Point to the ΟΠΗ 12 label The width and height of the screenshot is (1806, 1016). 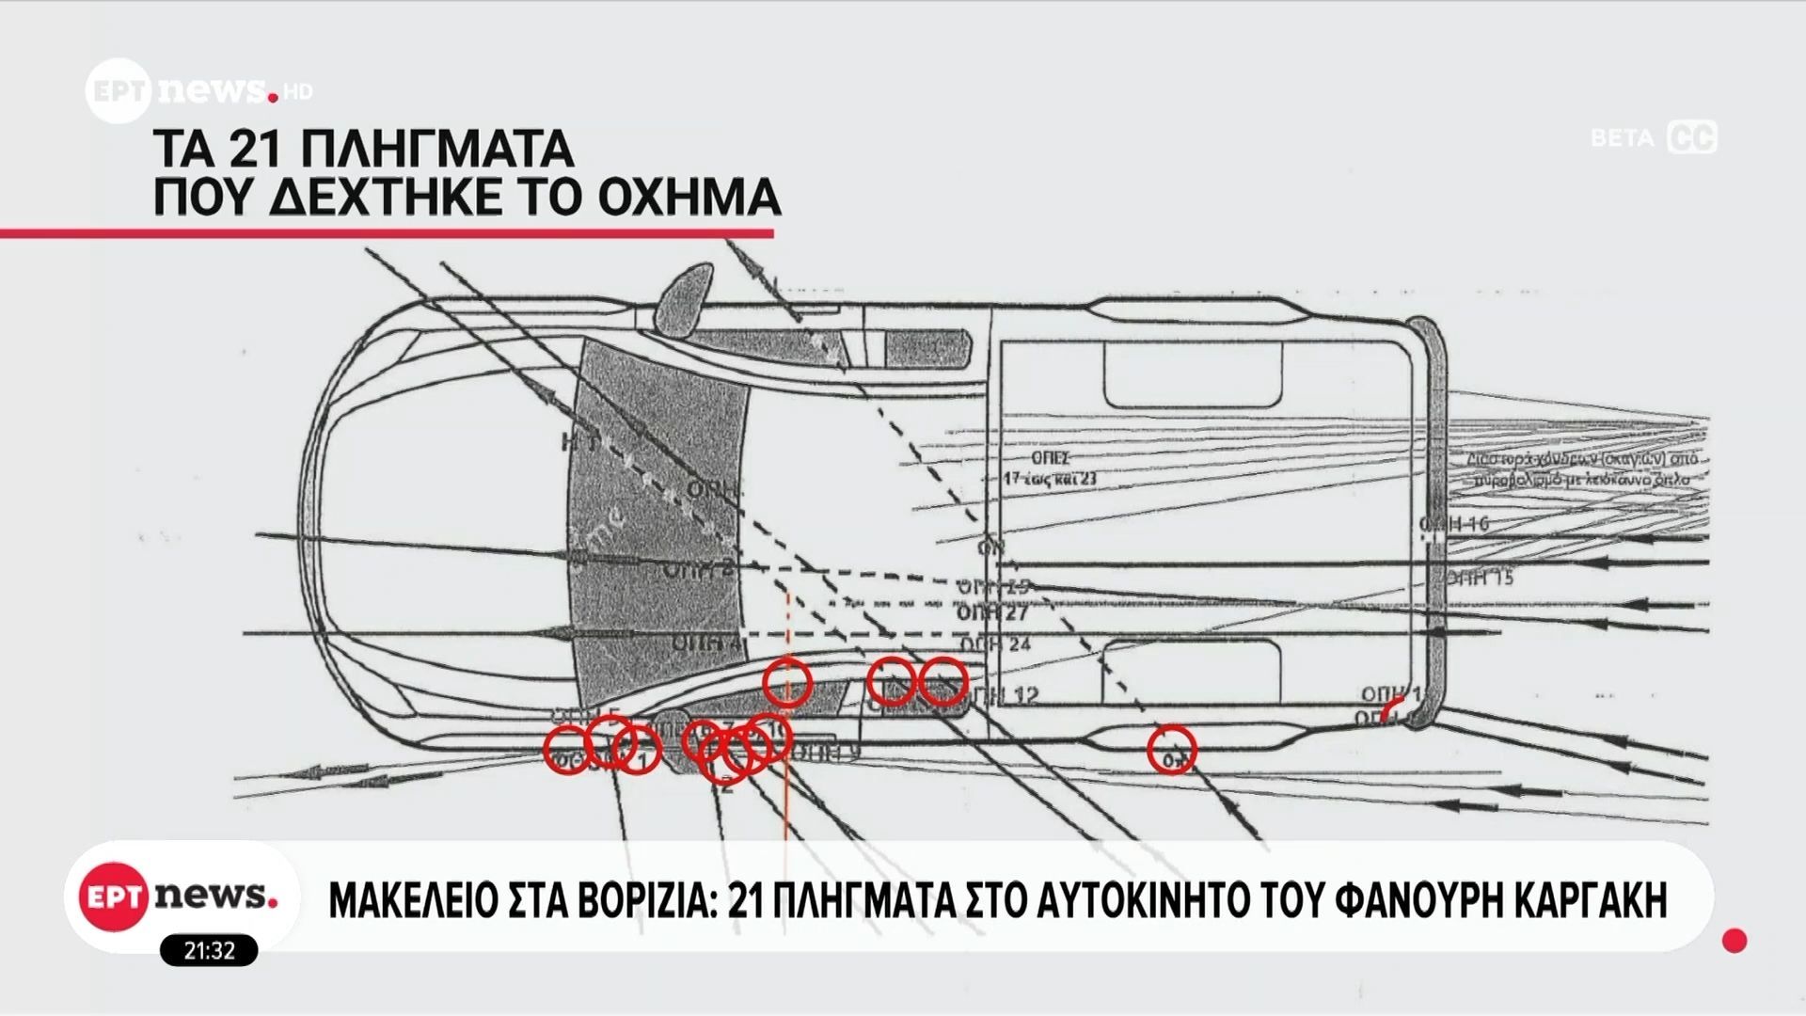[1003, 695]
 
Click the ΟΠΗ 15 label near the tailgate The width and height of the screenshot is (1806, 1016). [1480, 577]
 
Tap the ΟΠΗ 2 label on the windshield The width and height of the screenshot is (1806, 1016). [697, 568]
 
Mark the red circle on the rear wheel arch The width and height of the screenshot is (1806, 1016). [1171, 750]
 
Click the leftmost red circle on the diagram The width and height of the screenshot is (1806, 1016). [567, 750]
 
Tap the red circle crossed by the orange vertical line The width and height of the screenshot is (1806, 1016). [786, 682]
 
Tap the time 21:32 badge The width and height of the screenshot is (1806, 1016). [209, 950]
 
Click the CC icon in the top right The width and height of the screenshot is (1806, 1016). [1692, 137]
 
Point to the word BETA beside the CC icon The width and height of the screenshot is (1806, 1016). [1622, 138]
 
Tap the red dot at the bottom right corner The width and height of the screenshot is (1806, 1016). [1735, 940]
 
